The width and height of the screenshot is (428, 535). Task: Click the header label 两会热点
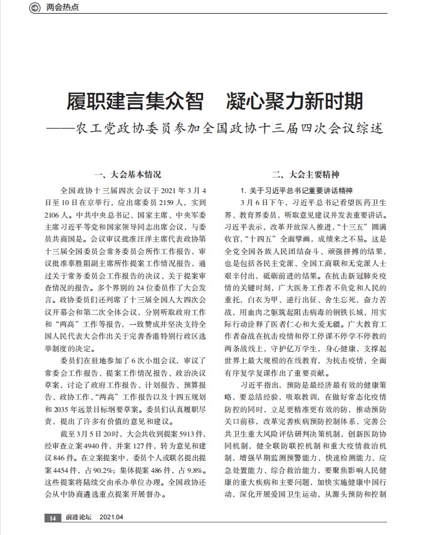coord(63,9)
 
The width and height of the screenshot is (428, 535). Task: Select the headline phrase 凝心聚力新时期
coord(292,101)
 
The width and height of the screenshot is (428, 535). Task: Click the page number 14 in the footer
coord(53,518)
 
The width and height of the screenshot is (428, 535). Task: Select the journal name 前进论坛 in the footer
coord(78,518)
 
